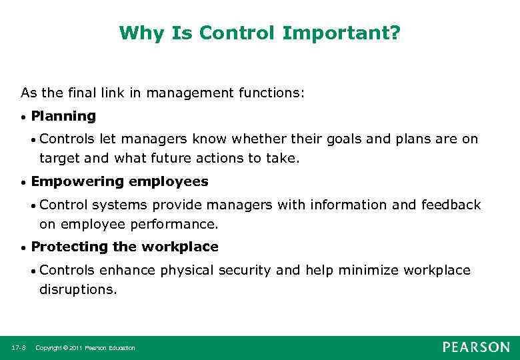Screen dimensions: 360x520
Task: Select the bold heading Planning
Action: pos(63,117)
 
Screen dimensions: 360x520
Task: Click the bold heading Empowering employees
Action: pos(119,182)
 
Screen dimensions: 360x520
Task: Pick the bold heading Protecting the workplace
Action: pos(125,247)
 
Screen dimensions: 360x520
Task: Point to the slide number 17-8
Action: pos(19,348)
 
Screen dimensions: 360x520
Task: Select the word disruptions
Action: pos(77,290)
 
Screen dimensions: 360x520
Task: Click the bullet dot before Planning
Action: pos(23,117)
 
